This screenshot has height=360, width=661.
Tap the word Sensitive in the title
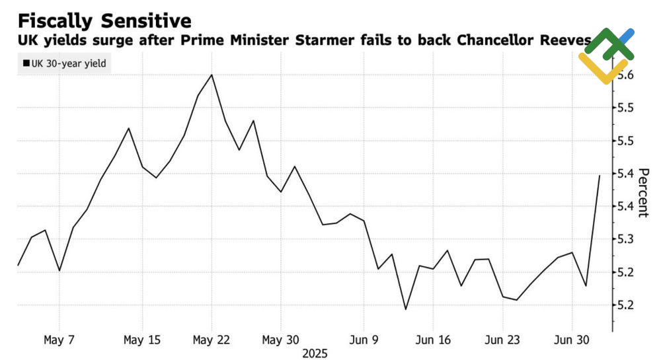[x=149, y=20]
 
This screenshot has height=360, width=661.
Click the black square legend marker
[x=26, y=63]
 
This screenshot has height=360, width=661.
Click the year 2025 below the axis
[x=315, y=353]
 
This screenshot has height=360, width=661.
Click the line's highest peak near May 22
[x=212, y=75]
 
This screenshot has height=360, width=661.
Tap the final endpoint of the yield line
[x=600, y=175]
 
